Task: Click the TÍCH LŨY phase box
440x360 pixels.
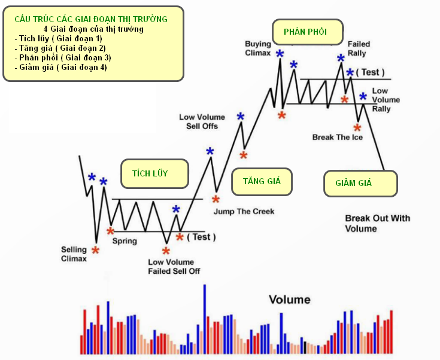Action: click(x=154, y=173)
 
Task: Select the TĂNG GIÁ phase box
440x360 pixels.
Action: click(x=262, y=181)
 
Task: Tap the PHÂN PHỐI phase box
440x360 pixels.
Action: click(x=308, y=32)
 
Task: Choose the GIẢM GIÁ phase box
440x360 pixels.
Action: click(x=360, y=184)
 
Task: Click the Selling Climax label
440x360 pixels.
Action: click(x=74, y=254)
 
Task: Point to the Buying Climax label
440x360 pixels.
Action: click(x=258, y=48)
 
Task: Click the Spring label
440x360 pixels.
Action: click(x=125, y=241)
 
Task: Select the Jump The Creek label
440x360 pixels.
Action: click(x=244, y=212)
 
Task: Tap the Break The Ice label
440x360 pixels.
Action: click(x=338, y=137)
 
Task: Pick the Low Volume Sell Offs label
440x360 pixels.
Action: click(x=202, y=121)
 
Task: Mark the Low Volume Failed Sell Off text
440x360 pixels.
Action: click(x=174, y=267)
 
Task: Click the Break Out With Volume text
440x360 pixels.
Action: click(x=377, y=223)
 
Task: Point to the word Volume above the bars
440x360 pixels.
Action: click(x=290, y=300)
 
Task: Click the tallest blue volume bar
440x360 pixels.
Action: click(x=205, y=319)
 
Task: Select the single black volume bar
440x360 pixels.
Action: click(x=305, y=347)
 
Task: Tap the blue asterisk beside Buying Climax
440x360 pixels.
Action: click(x=280, y=54)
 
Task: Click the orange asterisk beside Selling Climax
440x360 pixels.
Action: click(x=95, y=250)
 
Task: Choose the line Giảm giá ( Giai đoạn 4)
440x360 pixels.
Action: click(x=61, y=68)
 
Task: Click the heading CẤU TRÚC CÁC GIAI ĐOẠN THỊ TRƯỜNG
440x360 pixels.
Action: click(x=91, y=19)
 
